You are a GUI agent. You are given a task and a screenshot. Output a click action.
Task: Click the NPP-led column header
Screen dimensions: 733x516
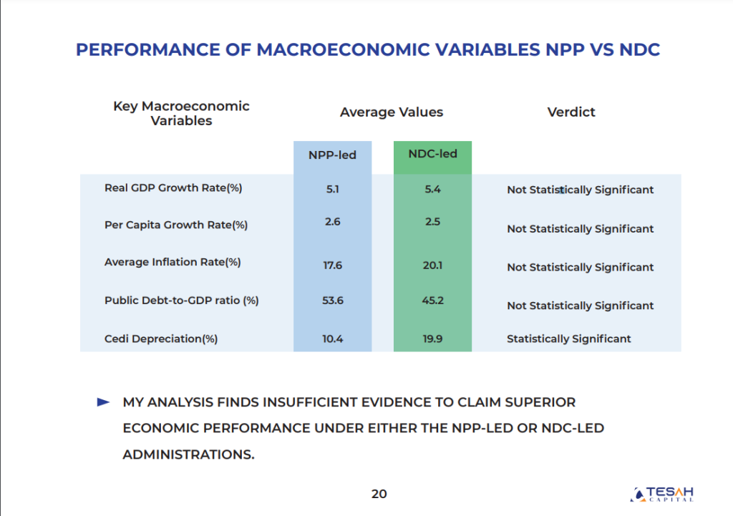click(332, 155)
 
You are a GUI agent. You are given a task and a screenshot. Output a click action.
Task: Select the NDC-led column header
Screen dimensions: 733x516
click(432, 154)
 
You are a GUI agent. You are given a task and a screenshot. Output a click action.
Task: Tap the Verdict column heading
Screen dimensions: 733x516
click(571, 112)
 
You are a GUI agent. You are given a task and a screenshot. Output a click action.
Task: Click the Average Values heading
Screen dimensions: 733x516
click(392, 112)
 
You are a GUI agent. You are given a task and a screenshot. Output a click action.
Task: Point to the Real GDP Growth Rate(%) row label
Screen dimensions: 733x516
click(173, 188)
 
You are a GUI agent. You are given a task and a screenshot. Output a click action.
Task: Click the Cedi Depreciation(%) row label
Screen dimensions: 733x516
click(161, 339)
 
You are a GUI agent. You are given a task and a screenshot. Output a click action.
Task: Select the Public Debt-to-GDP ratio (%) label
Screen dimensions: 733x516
click(181, 301)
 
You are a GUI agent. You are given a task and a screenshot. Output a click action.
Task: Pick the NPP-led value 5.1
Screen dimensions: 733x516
click(332, 189)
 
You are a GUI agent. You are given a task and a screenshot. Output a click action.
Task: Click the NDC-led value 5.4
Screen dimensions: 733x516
click(432, 189)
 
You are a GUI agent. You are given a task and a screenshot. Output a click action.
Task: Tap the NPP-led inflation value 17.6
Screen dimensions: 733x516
click(332, 266)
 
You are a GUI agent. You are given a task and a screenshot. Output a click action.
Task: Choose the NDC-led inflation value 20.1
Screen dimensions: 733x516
click(432, 266)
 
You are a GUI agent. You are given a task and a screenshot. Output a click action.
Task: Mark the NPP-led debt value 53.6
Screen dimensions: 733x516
click(332, 301)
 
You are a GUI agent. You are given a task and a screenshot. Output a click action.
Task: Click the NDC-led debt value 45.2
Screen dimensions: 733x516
click(432, 301)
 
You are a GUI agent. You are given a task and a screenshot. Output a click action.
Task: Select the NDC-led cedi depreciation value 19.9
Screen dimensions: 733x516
click(432, 339)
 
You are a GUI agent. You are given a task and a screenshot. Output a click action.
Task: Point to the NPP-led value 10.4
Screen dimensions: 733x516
click(332, 339)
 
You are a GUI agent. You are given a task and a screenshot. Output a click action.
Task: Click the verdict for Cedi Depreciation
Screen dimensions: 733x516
click(569, 339)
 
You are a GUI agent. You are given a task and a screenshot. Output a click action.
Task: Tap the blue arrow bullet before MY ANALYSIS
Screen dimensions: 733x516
click(103, 402)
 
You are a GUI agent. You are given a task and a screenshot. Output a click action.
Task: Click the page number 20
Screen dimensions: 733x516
click(379, 494)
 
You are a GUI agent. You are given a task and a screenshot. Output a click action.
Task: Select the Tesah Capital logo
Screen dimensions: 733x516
click(662, 494)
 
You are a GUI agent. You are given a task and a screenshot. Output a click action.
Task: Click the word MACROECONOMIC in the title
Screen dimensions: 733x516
click(343, 49)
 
